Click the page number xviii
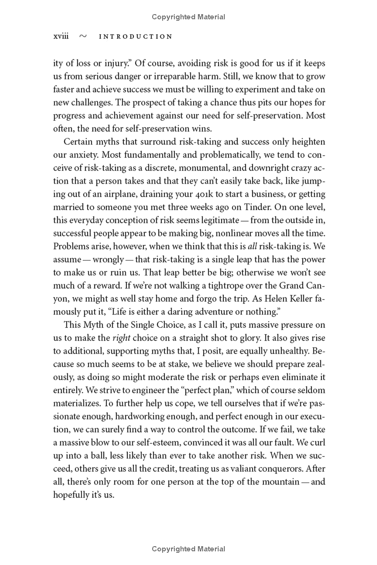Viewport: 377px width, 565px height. (x=61, y=37)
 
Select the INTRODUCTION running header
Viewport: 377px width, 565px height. (x=136, y=37)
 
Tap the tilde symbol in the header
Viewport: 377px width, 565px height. (x=83, y=37)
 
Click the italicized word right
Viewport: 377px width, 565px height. (x=121, y=338)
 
